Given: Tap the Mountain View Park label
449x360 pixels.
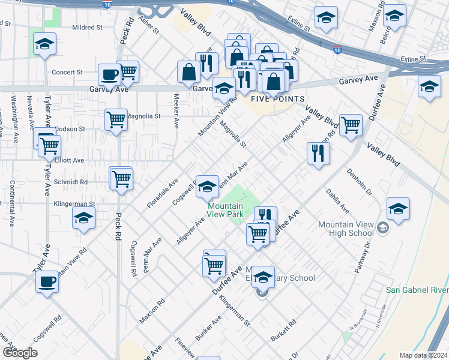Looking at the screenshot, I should [x=225, y=209].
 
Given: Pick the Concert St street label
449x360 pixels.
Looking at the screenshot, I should [x=67, y=73].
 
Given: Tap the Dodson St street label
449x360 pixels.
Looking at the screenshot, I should [x=70, y=129].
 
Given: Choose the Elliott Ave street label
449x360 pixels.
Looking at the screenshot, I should [x=69, y=161].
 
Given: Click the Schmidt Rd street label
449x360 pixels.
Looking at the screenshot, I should [x=71, y=182].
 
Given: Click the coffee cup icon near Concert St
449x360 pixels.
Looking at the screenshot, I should [x=109, y=75].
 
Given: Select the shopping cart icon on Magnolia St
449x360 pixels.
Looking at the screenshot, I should [x=116, y=119].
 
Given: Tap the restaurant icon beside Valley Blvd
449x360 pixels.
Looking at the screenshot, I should [x=318, y=153].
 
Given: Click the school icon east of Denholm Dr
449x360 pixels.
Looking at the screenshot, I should [x=398, y=209].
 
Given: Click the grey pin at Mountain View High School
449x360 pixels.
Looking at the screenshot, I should [x=383, y=229].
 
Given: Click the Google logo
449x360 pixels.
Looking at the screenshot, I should [x=19, y=353].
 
